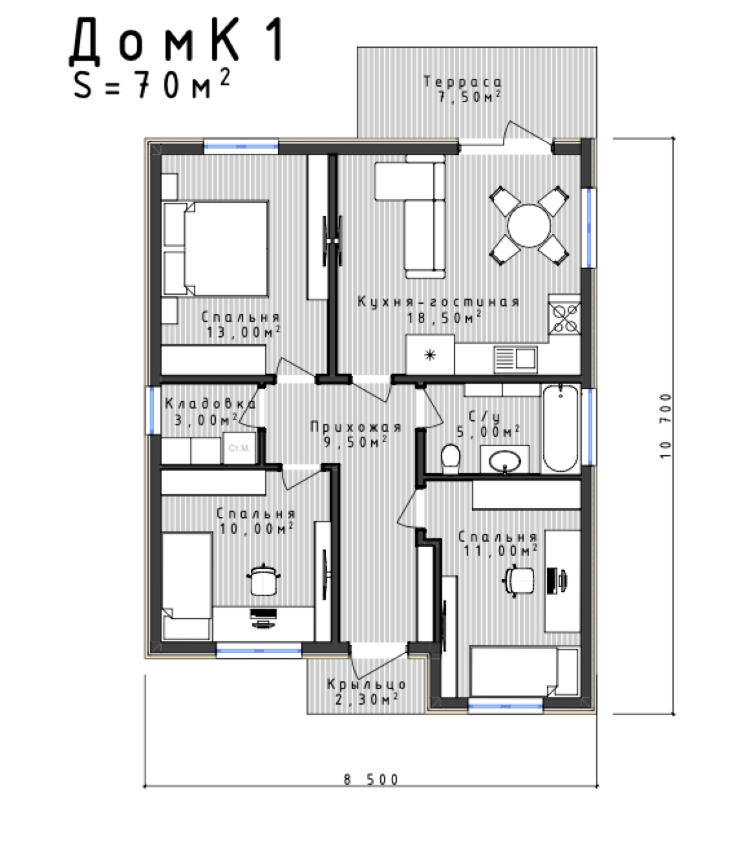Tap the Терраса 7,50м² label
(x=463, y=89)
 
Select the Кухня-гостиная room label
(x=438, y=302)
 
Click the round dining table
(x=529, y=226)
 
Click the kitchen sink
(x=515, y=359)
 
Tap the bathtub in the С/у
(x=561, y=429)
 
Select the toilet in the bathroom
(x=450, y=458)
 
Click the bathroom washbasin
(x=505, y=462)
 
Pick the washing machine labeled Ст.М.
(x=239, y=448)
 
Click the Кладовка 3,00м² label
(x=209, y=412)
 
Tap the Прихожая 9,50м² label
(x=356, y=434)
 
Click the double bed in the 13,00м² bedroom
(x=215, y=248)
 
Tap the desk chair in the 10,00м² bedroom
(x=263, y=580)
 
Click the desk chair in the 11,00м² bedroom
(x=519, y=580)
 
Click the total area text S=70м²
(x=152, y=85)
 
